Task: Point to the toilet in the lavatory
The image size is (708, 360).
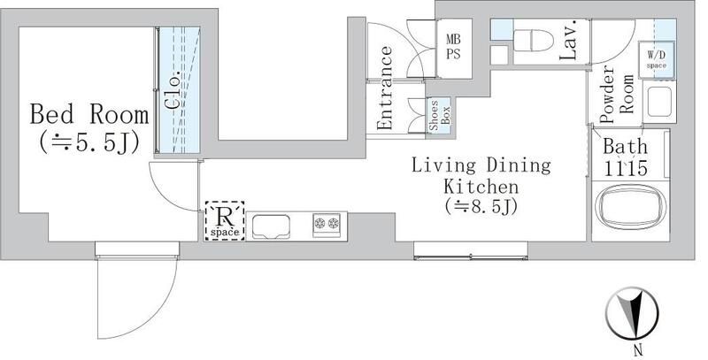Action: pyautogui.click(x=531, y=40)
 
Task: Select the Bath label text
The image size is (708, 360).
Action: pyautogui.click(x=626, y=147)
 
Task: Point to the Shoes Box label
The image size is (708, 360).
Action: pyautogui.click(x=440, y=115)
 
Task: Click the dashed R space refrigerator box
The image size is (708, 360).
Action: pyautogui.click(x=224, y=221)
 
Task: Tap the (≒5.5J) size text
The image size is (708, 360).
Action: pyautogui.click(x=86, y=142)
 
